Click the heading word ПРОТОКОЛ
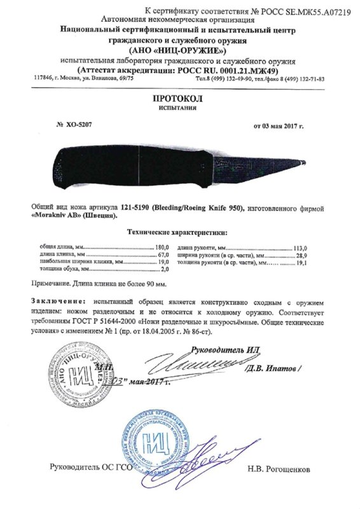pyautogui.click(x=178, y=99)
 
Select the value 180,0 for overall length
pyautogui.click(x=165, y=247)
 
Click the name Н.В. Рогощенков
pyautogui.click(x=279, y=469)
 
